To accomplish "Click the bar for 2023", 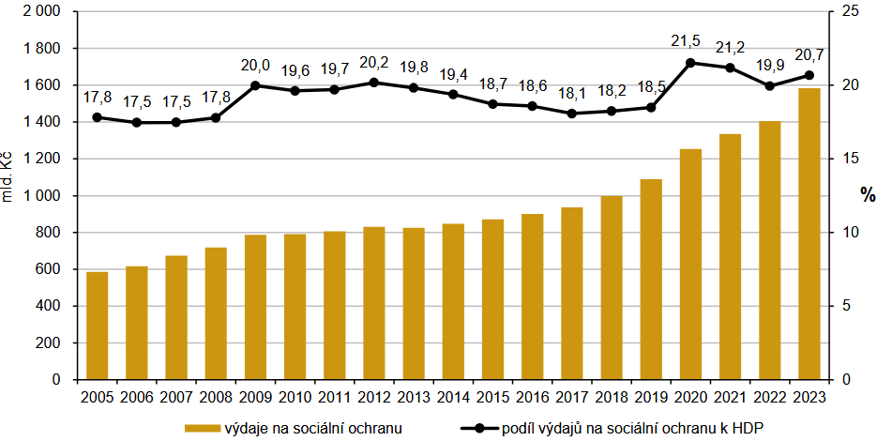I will coord(809,234).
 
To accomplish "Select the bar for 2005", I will coord(98,326).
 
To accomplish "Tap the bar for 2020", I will coord(690,264).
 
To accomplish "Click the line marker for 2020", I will coord(690,63).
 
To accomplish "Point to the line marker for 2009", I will coord(255,85).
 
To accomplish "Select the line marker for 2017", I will coord(572,114).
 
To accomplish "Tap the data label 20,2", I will coord(374,63).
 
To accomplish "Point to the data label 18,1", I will coord(572,94).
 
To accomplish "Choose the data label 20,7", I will coord(809,55).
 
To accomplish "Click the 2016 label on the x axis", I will coord(533,397).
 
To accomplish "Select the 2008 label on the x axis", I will coord(216,397).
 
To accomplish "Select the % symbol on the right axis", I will coord(869,195).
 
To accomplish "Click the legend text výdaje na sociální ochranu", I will coord(313,428).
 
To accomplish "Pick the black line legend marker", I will coord(479,428).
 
